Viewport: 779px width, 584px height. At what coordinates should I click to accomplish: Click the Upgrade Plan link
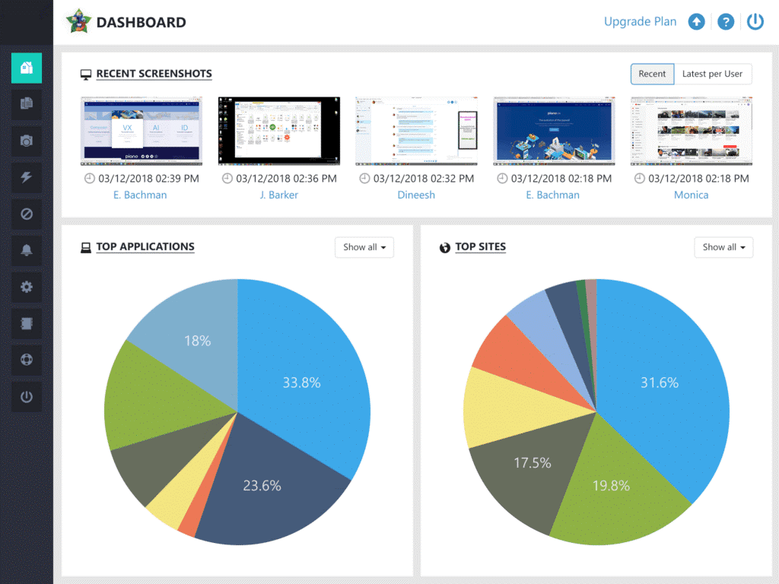click(640, 21)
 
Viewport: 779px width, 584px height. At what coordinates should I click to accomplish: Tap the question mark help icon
click(726, 22)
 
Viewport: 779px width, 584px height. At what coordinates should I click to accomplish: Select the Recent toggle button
click(652, 74)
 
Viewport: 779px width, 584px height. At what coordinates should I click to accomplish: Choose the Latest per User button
click(712, 74)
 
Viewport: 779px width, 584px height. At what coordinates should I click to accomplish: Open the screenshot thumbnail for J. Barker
click(278, 130)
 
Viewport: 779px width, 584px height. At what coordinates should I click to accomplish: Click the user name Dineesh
click(416, 195)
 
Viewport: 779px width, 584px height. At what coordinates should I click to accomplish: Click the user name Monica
click(691, 195)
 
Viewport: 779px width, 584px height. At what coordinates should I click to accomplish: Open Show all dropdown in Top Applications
click(364, 247)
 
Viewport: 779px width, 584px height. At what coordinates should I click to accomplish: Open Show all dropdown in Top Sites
click(723, 247)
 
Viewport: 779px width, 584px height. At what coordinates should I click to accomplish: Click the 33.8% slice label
click(301, 382)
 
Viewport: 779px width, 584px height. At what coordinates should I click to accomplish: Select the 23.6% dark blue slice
click(262, 485)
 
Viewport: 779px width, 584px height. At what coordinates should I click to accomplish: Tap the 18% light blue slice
click(197, 341)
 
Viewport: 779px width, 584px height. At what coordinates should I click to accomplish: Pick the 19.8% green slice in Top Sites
click(610, 485)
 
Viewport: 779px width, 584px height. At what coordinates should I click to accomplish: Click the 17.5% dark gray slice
click(532, 462)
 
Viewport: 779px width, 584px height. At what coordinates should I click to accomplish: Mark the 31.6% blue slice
click(659, 382)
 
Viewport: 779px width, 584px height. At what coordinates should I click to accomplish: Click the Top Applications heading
click(145, 247)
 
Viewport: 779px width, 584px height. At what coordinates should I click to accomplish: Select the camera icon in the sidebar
click(27, 141)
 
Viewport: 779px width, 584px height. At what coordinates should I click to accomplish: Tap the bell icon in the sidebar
click(27, 250)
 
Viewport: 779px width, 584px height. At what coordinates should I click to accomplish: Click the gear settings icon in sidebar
click(27, 287)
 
